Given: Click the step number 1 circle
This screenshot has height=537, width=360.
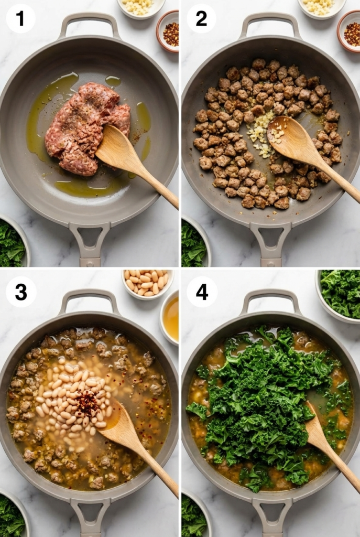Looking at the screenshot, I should (x=20, y=18).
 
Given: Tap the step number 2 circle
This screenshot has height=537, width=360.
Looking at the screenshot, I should (x=201, y=18).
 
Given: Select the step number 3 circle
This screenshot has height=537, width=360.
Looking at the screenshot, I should (x=21, y=292).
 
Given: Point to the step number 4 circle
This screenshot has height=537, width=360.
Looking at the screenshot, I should (x=202, y=292).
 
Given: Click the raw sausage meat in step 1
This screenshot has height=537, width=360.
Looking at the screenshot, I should (x=84, y=126).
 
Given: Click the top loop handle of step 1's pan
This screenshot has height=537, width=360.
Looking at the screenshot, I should (x=89, y=21).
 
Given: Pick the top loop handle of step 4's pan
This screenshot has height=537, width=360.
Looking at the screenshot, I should (x=270, y=297).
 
